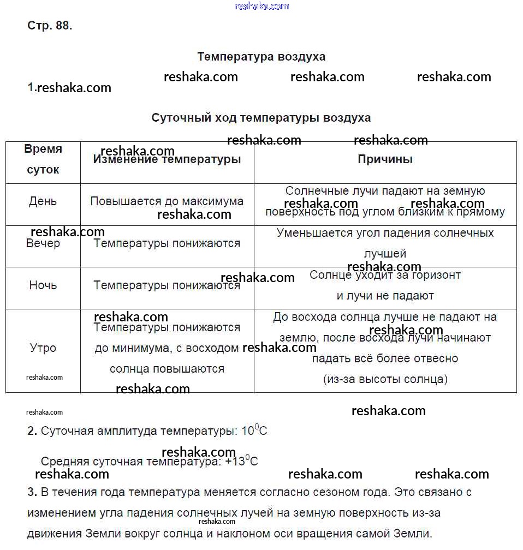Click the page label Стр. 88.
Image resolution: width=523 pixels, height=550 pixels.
(50, 26)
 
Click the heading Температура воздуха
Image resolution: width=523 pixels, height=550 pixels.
(261, 57)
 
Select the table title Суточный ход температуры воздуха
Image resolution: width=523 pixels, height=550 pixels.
(261, 118)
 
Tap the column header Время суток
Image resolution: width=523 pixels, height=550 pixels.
(43, 159)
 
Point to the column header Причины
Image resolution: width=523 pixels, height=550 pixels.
(385, 159)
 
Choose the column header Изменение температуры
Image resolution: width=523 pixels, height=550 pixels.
(167, 160)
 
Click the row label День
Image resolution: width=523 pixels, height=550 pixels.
(43, 201)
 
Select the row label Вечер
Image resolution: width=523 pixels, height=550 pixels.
(43, 243)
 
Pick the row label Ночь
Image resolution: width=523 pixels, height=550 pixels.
(43, 285)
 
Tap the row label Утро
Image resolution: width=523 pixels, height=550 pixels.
(43, 348)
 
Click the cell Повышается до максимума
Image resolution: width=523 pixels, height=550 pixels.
(167, 201)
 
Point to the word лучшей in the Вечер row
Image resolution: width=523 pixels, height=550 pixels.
(385, 254)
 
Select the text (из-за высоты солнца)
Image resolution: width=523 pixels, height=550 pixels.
(385, 379)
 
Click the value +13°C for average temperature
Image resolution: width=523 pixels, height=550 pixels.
(241, 462)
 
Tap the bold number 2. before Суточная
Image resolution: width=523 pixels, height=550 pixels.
(32, 431)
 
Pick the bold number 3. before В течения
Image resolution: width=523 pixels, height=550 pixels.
(32, 492)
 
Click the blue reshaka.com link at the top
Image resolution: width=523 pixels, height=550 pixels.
(261, 6)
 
